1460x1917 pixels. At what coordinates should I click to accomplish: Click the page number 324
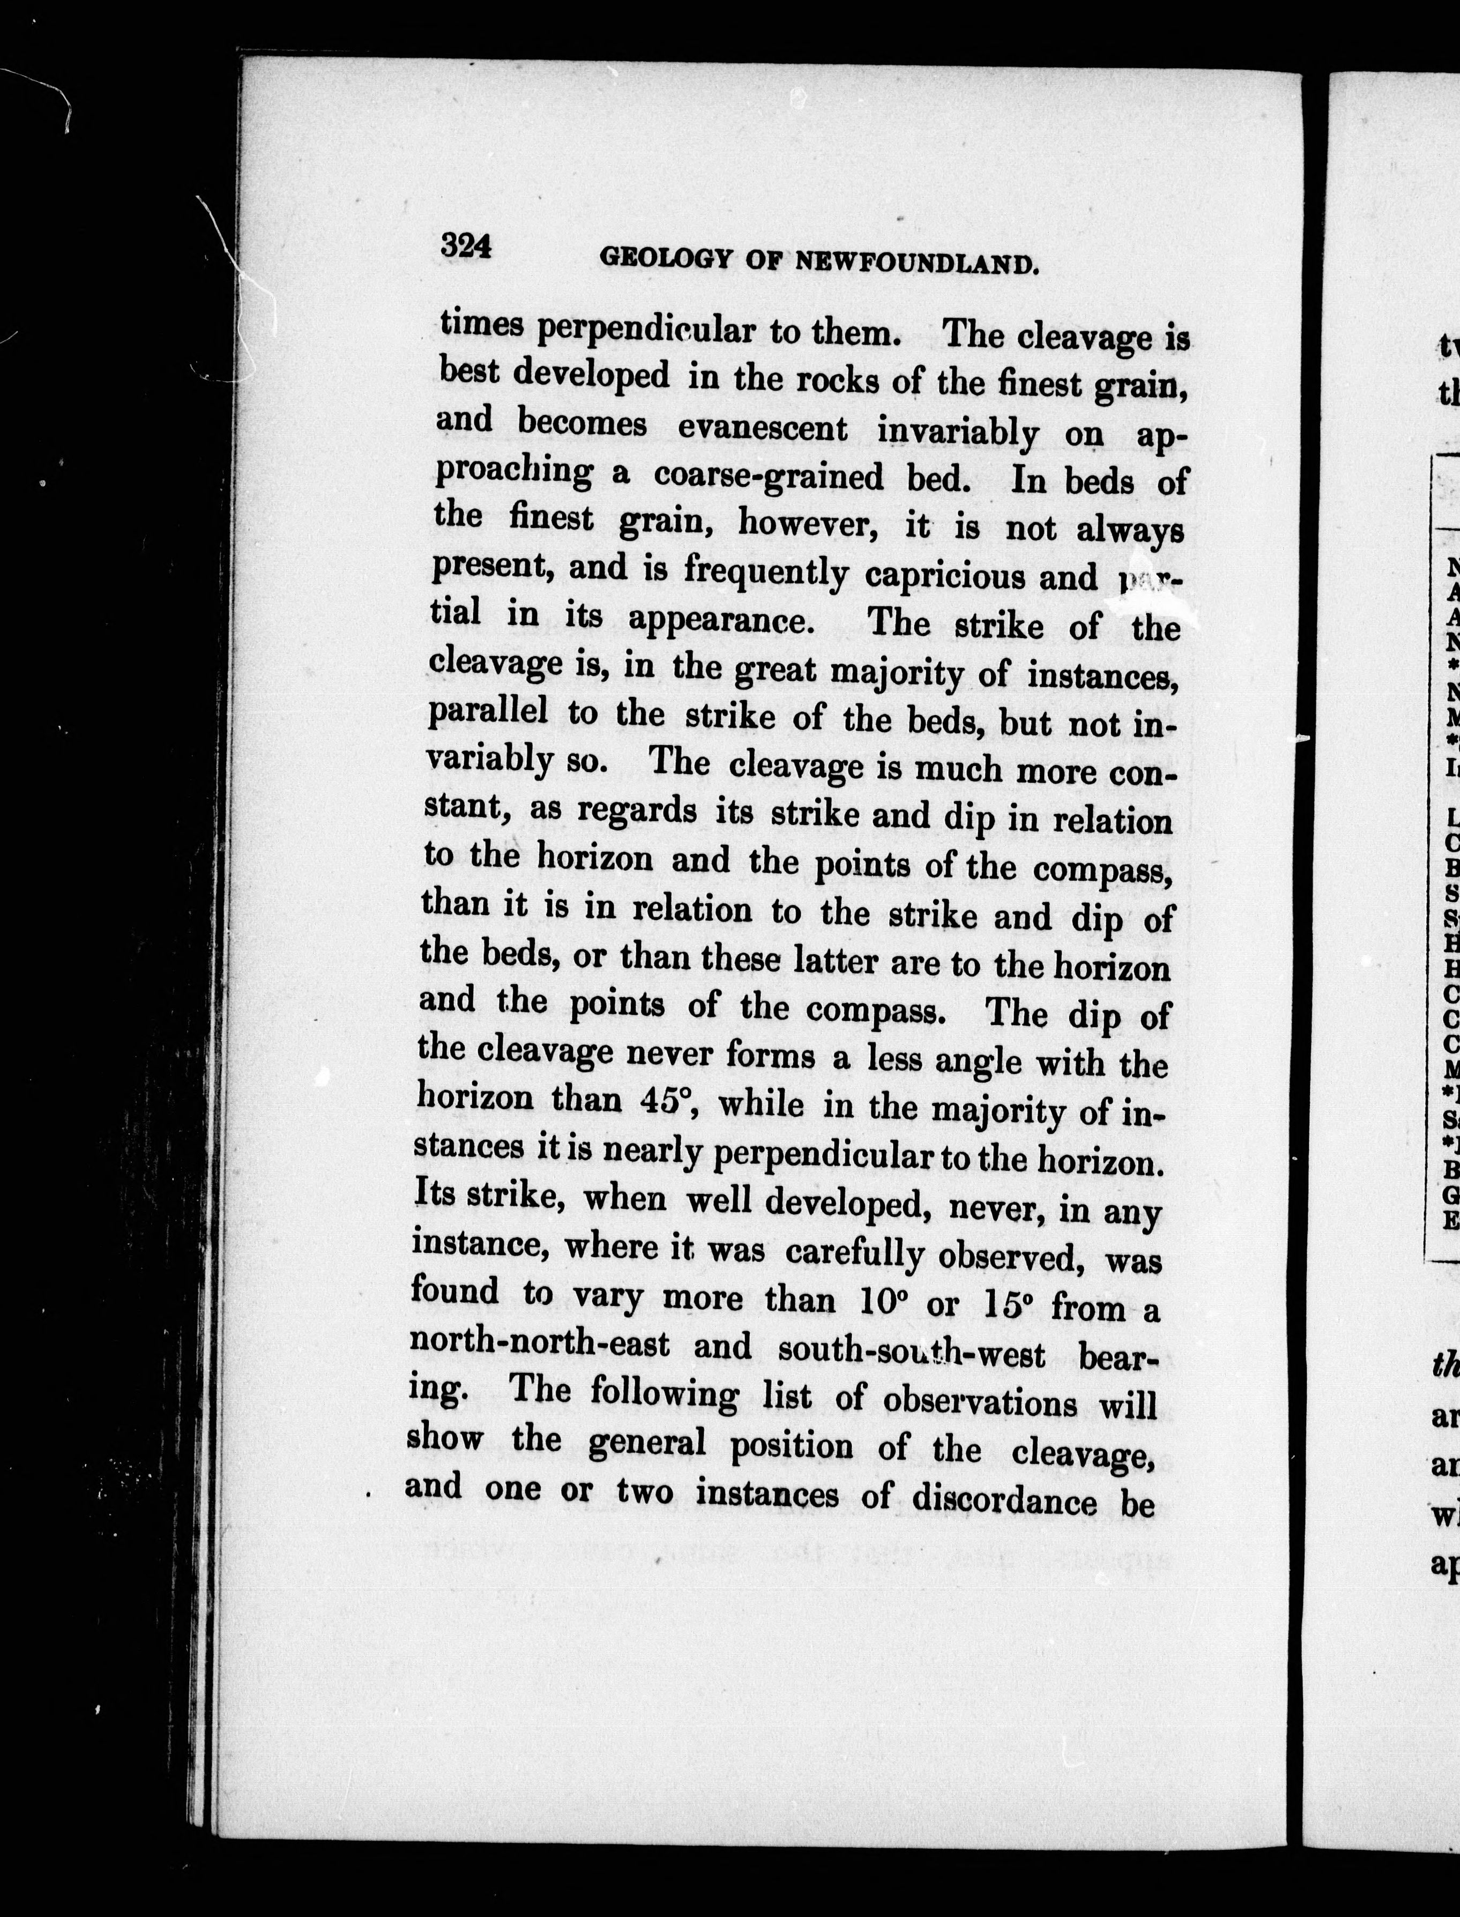click(x=467, y=246)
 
